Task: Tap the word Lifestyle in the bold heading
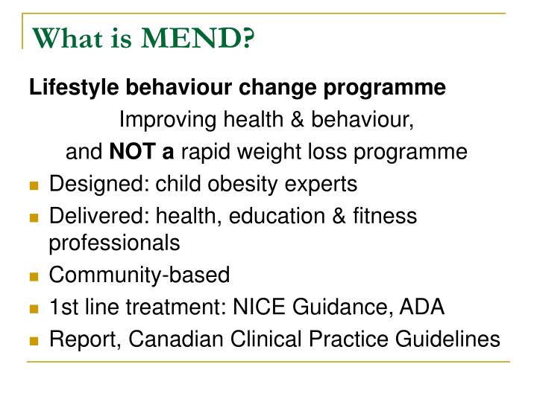pos(73,89)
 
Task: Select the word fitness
pos(387,216)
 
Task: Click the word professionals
pos(114,243)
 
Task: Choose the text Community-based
pos(139,275)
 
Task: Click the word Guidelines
pos(448,339)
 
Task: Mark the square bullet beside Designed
pos(34,185)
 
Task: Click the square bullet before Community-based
pos(34,276)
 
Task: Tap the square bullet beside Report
pos(34,340)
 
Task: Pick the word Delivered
pos(86,216)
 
